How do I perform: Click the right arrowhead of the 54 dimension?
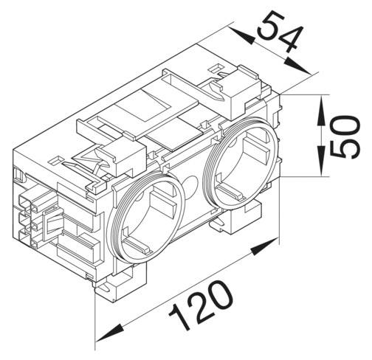[x=304, y=70]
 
